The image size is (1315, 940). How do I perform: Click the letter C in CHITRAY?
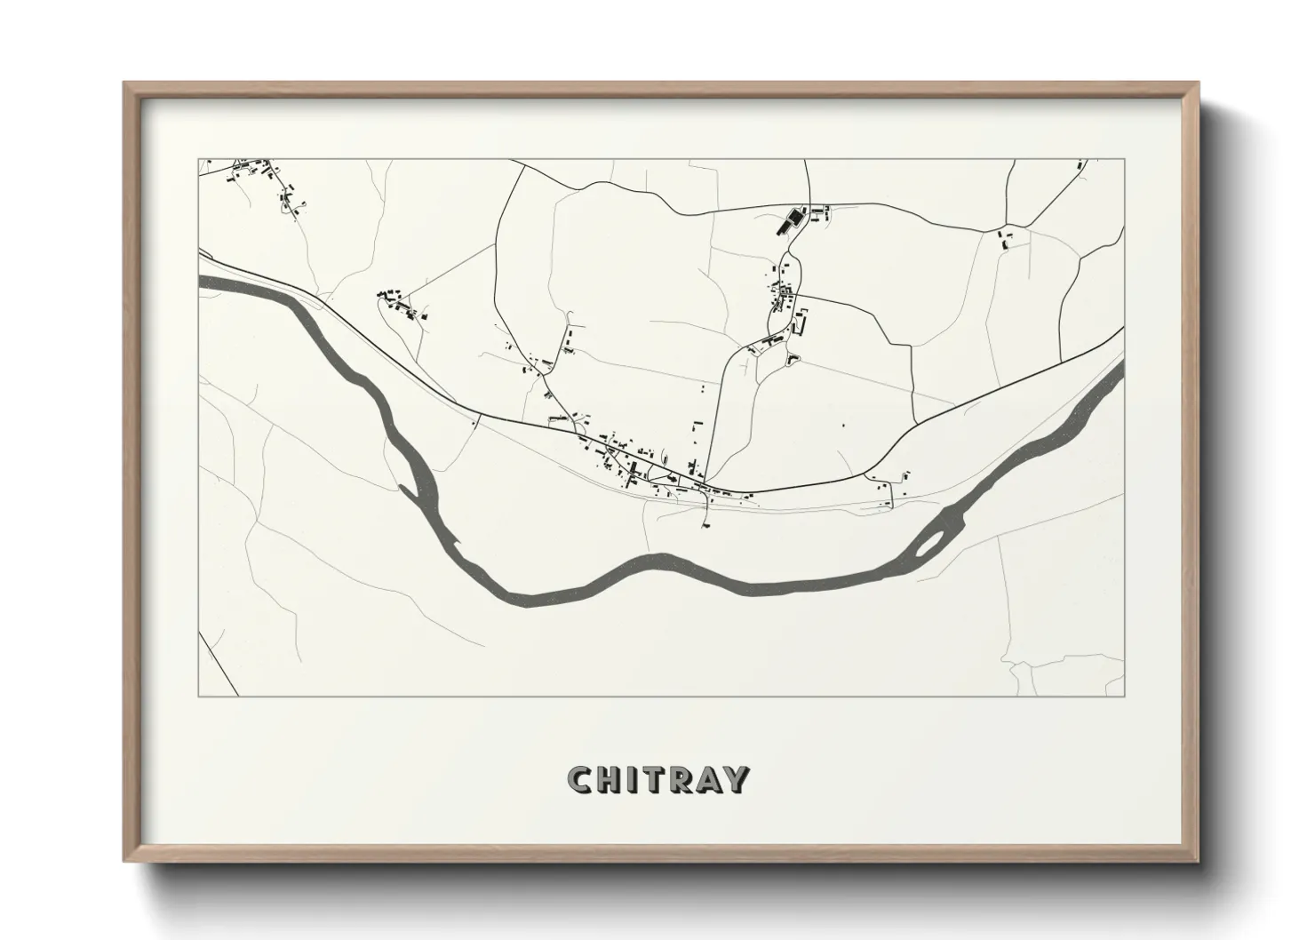(x=581, y=779)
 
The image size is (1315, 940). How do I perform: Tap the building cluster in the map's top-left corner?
(x=258, y=173)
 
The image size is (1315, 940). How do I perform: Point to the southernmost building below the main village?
(x=706, y=524)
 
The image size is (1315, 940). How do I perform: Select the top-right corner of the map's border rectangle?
(x=1125, y=159)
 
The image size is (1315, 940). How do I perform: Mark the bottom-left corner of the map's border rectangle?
(x=199, y=697)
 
